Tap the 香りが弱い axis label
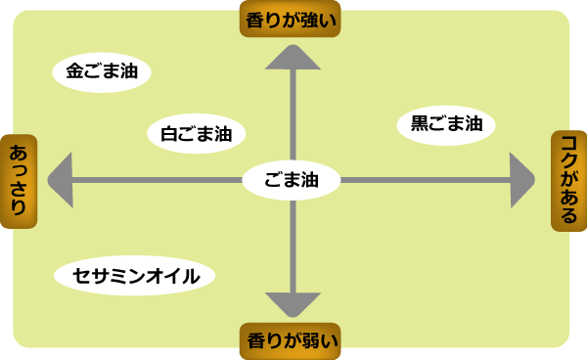coord(293,340)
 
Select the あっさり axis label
coord(19,180)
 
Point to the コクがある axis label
coord(568,180)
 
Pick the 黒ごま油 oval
coord(446,124)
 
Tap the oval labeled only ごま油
coord(292,180)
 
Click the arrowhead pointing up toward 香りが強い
coord(293,58)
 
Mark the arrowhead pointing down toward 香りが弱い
coord(293,303)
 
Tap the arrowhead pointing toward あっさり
coord(61,180)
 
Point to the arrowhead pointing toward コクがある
coord(523,180)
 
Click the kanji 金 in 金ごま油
coord(76,72)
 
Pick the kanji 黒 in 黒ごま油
coord(420,124)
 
